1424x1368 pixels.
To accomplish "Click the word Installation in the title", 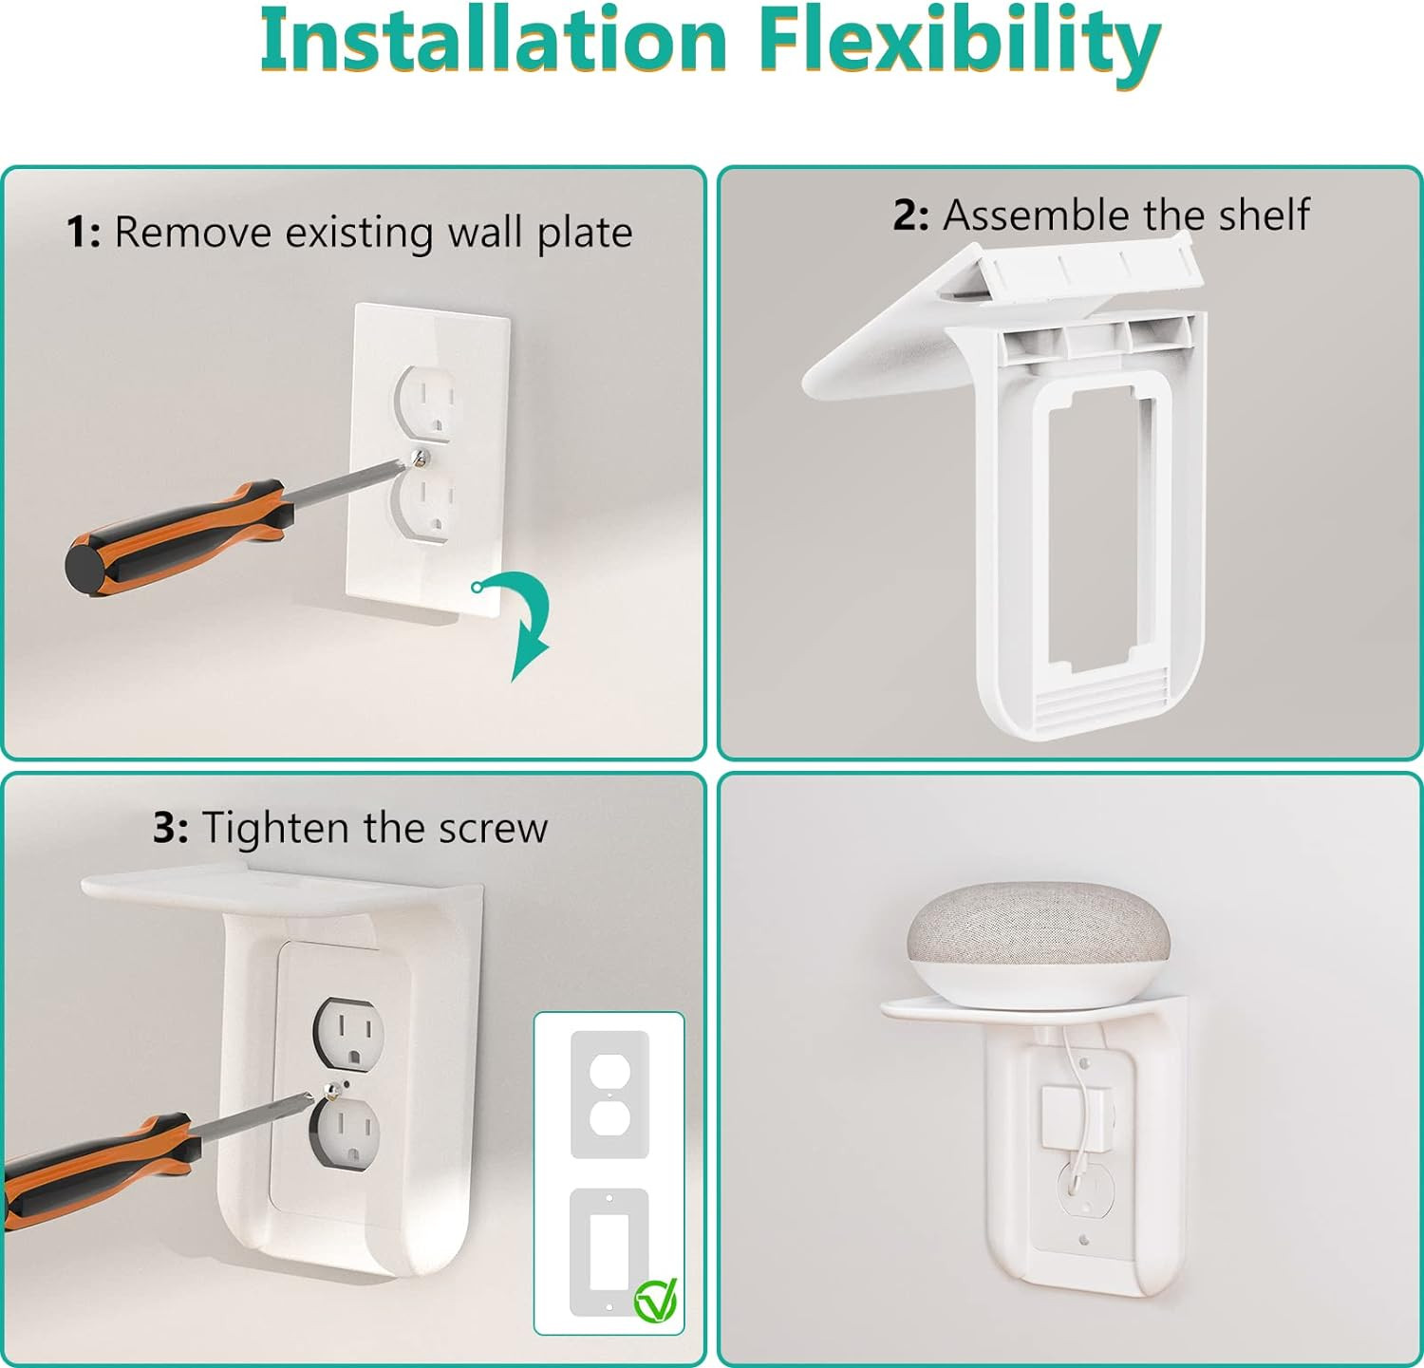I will pyautogui.click(x=494, y=40).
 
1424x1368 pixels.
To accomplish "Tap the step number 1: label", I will pyautogui.click(x=84, y=233).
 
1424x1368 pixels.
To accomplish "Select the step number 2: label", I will pyautogui.click(x=910, y=216).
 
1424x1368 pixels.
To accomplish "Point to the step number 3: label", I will pyautogui.click(x=171, y=828).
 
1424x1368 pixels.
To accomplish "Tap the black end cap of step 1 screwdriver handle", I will pyautogui.click(x=84, y=566).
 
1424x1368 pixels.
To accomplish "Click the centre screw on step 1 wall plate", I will pyautogui.click(x=421, y=459).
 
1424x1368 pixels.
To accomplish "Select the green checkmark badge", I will pyautogui.click(x=656, y=1300).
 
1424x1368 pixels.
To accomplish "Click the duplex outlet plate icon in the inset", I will pyautogui.click(x=609, y=1095).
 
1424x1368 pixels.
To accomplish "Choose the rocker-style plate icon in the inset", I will pyautogui.click(x=609, y=1251).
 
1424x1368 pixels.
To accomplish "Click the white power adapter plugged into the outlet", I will pyautogui.click(x=1076, y=1116).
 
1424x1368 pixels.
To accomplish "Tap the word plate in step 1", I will pyautogui.click(x=584, y=234).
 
